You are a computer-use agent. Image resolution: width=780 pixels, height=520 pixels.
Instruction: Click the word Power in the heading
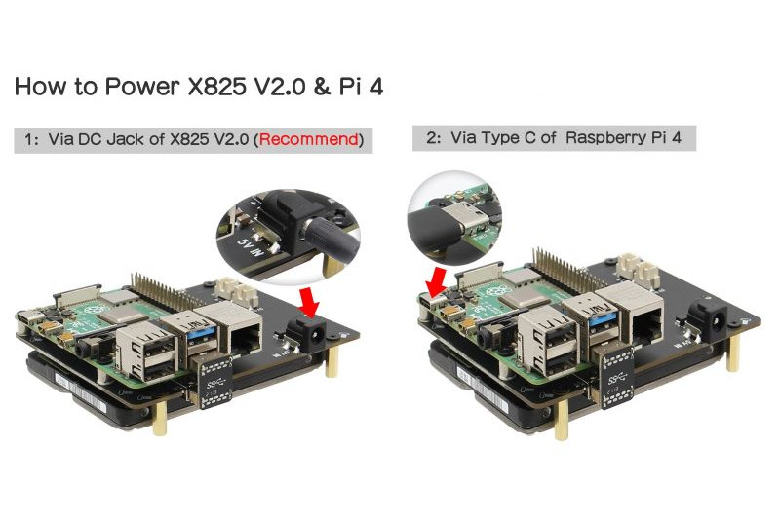141,87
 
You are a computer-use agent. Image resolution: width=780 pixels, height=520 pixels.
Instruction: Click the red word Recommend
308,139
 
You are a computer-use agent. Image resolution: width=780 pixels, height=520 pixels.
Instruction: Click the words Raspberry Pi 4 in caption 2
623,137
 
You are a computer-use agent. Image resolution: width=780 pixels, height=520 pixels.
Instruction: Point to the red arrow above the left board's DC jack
308,302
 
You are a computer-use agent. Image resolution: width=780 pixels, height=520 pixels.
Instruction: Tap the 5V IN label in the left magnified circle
251,246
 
